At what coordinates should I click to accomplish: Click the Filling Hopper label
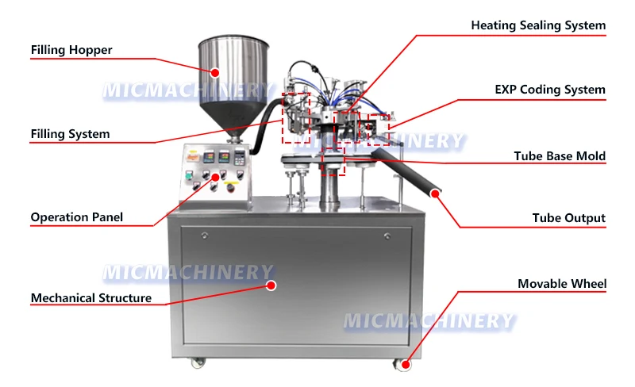(71, 50)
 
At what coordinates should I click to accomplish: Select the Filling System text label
(70, 133)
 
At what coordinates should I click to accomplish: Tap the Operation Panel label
(76, 216)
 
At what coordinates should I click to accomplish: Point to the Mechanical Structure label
(90, 298)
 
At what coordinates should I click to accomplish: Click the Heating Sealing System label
(538, 25)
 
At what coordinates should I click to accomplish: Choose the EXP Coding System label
(550, 90)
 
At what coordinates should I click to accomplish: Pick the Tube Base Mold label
(560, 156)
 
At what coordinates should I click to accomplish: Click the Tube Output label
(568, 217)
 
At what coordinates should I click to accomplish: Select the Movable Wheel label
(562, 283)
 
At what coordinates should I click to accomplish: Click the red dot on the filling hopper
(214, 72)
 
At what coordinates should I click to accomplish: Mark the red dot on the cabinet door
(270, 285)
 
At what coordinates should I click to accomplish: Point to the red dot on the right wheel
(405, 366)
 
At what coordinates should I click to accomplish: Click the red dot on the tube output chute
(435, 191)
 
